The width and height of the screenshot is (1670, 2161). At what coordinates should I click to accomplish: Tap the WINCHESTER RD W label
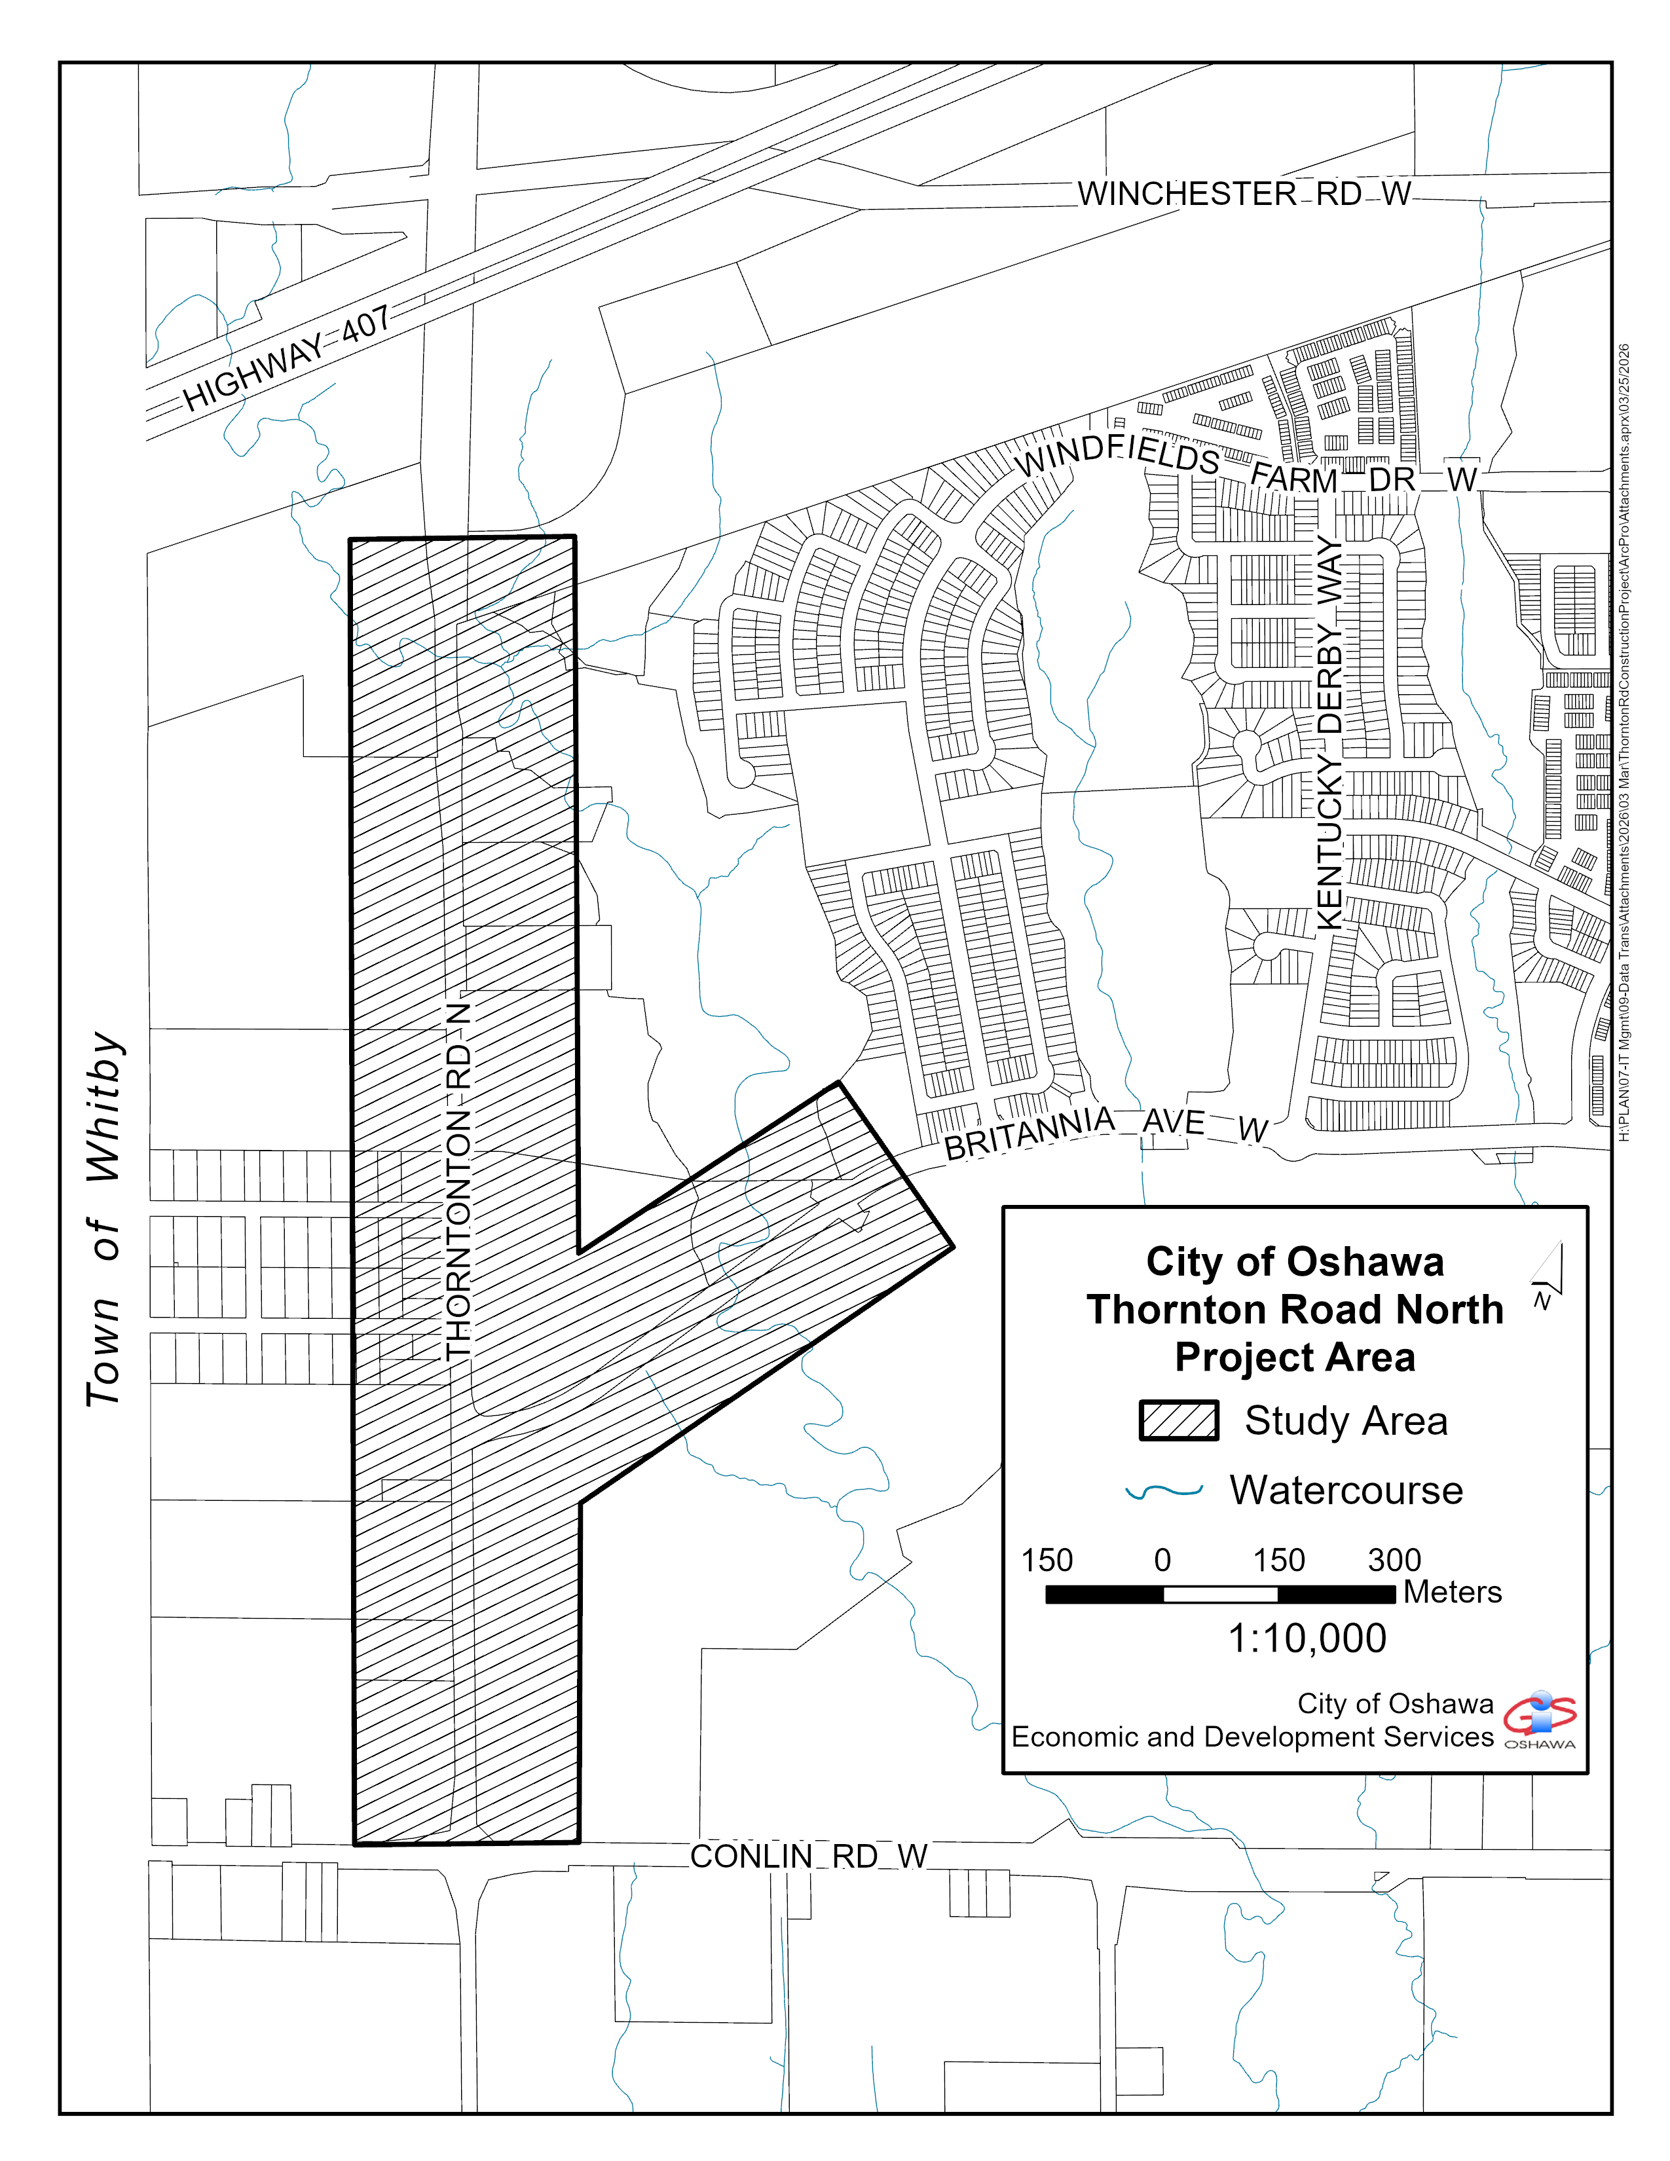pos(1244,194)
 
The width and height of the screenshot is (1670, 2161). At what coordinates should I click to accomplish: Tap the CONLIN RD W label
pos(808,1856)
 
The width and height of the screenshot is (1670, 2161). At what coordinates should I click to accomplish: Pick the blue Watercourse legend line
pos(1164,1490)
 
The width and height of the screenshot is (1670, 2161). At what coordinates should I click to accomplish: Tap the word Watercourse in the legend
pos(1346,1490)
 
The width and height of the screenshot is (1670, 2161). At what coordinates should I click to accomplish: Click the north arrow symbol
pos(1548,1272)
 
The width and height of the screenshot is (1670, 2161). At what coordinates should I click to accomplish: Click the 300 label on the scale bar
pos(1394,1561)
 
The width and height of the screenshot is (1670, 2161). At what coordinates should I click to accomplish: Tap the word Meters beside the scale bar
pos(1451,1592)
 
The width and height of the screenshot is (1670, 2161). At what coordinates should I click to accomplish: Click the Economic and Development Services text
pos(1252,1737)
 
